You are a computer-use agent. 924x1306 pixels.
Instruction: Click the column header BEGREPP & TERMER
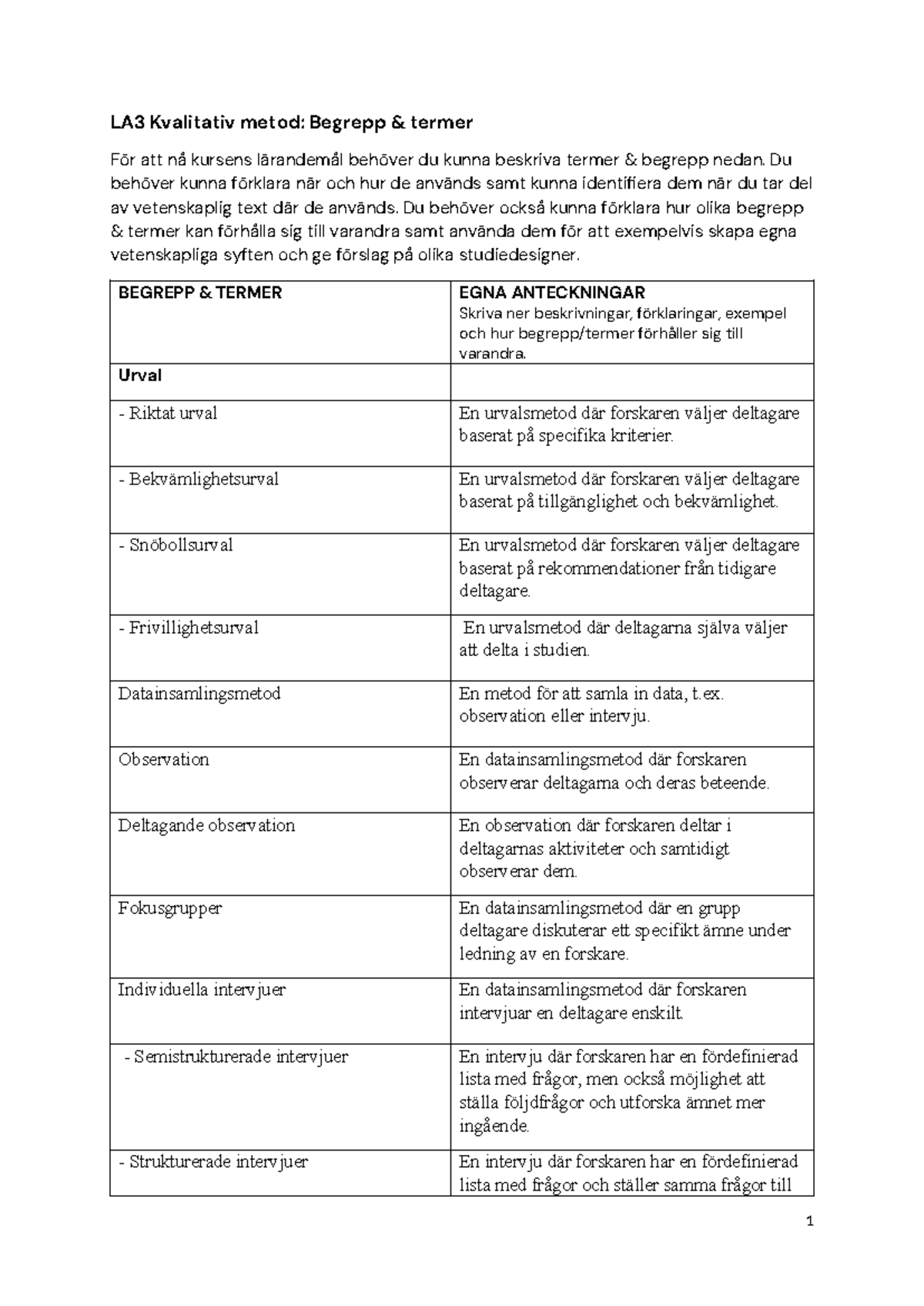click(x=199, y=293)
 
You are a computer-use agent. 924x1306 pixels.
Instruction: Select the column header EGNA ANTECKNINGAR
click(x=551, y=293)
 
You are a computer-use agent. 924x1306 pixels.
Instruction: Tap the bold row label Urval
click(x=139, y=376)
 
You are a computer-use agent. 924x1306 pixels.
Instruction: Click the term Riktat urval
click(x=168, y=414)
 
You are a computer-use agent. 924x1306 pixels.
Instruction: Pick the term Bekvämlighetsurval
click(x=198, y=479)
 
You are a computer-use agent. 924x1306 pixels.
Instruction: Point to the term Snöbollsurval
click(x=176, y=545)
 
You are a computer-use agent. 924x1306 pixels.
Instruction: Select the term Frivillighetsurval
click(x=188, y=628)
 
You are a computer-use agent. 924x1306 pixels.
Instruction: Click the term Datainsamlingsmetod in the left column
click(x=199, y=694)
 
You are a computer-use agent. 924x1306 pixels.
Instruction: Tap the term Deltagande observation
click(x=206, y=825)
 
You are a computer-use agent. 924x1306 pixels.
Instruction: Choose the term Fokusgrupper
click(x=169, y=908)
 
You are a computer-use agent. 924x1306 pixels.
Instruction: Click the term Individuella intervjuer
click(x=202, y=990)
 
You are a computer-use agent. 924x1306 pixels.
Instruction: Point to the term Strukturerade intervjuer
click(x=213, y=1162)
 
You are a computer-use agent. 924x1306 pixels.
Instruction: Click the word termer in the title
click(x=442, y=122)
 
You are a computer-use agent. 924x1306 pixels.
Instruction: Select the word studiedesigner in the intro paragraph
click(x=523, y=256)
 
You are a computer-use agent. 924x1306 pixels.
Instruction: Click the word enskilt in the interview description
click(x=656, y=1013)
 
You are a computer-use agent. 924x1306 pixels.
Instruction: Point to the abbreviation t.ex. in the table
click(x=707, y=694)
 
